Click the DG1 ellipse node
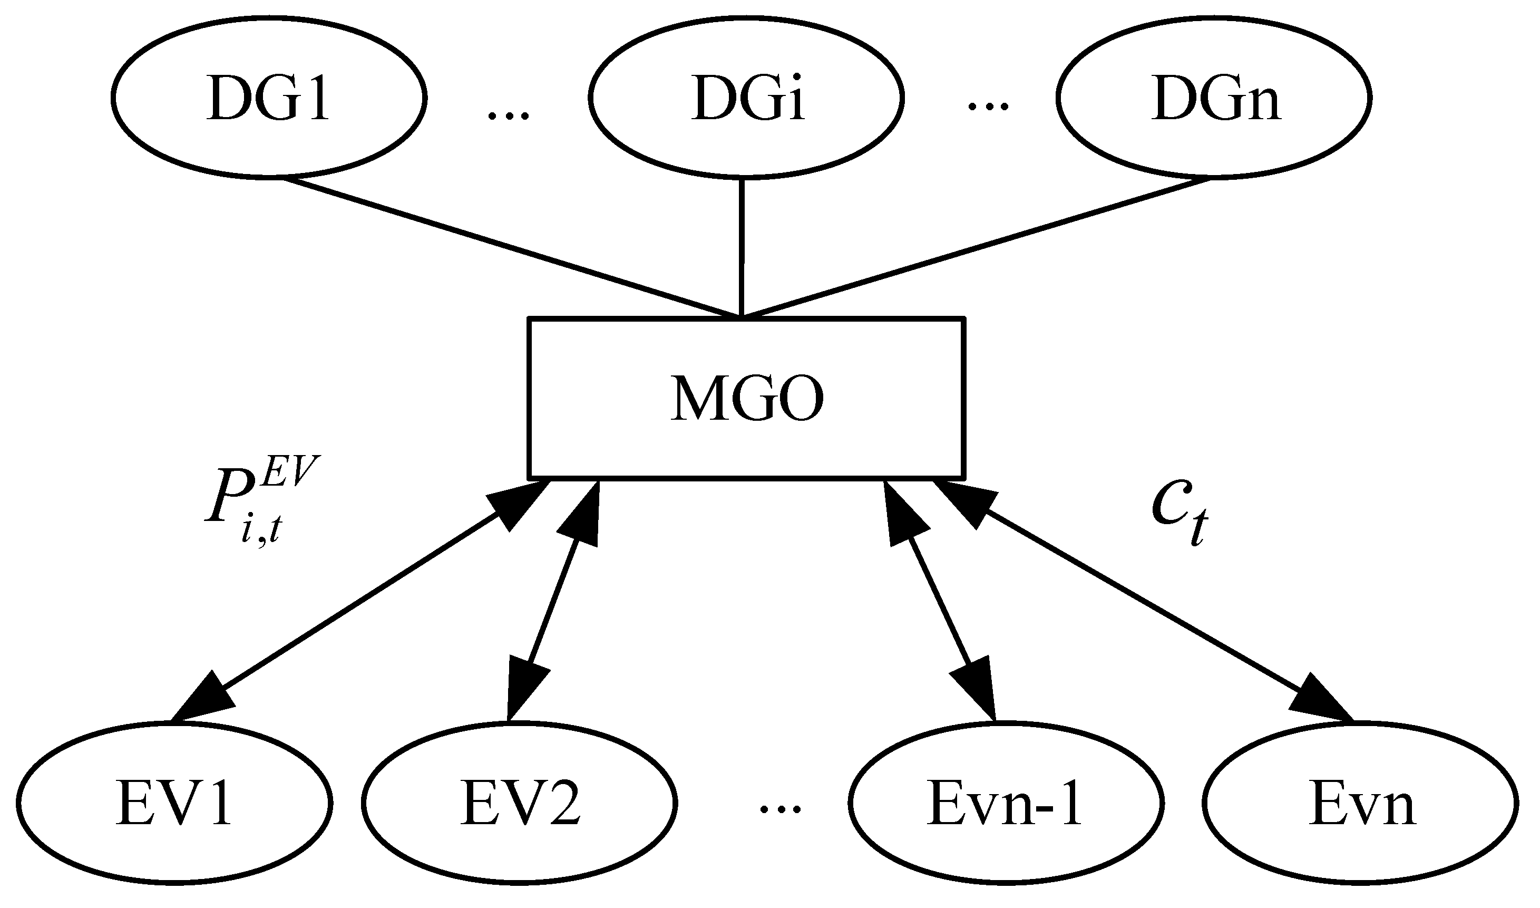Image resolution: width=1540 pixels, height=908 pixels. pos(269,98)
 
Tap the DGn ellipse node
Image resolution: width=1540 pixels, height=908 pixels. pos(1214,98)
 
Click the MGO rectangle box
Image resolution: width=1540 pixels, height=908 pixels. pos(746,398)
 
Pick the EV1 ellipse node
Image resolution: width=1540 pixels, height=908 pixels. pos(174,802)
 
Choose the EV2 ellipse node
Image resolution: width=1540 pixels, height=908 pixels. pos(520,802)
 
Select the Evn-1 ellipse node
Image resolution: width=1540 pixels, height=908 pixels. pos(1005,802)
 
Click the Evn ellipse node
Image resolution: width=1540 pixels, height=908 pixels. pos(1360,802)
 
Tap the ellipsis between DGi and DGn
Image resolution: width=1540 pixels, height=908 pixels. pos(987,108)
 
